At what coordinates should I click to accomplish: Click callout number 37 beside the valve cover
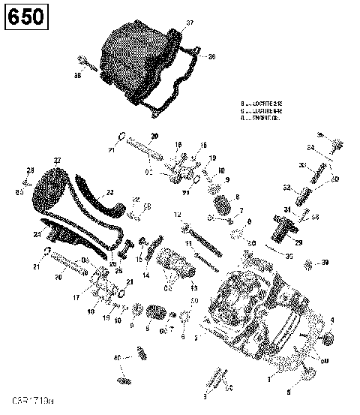[x=189, y=24]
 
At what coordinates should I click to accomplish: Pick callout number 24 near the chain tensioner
[x=37, y=233]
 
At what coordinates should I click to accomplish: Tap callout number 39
[x=325, y=263]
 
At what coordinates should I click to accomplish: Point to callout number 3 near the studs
[x=205, y=395]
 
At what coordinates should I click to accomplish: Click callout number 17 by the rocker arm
[x=74, y=297]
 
